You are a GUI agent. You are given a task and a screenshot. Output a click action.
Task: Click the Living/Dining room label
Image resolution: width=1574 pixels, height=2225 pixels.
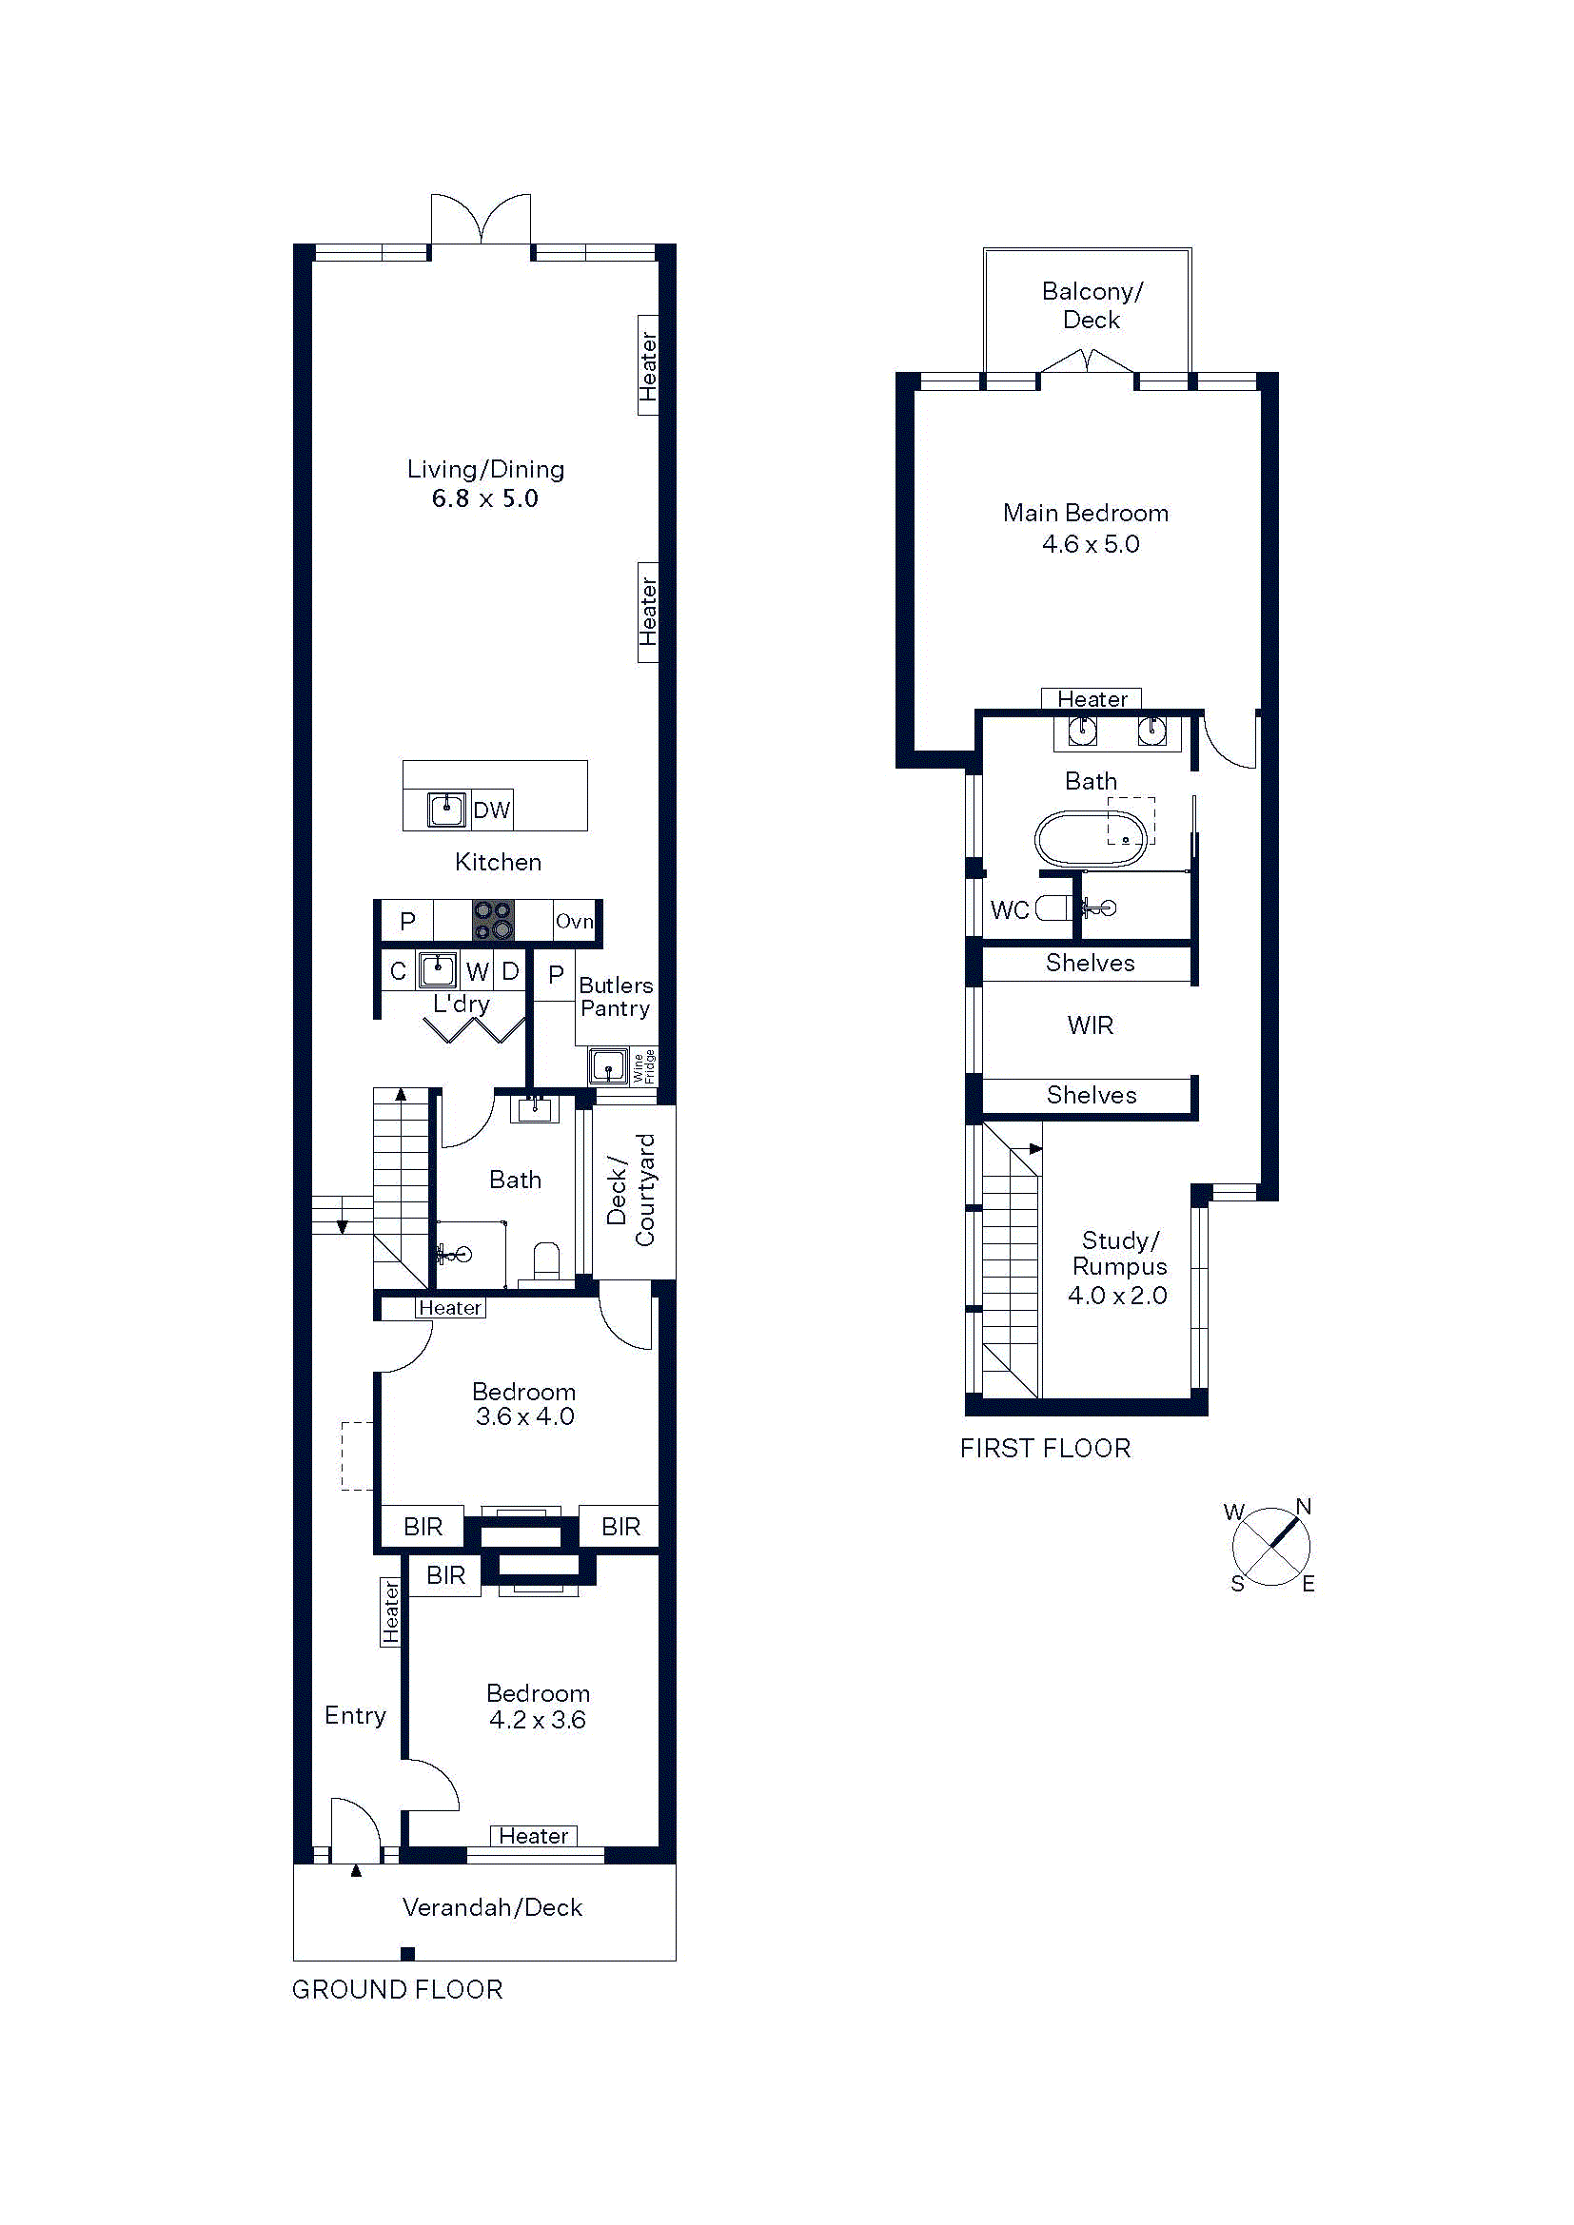tap(485, 470)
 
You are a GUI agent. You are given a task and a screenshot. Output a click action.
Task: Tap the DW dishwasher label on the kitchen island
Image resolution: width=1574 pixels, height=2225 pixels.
tap(491, 810)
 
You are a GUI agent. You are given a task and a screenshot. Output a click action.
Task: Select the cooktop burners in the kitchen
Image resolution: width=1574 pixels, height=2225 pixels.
tap(492, 920)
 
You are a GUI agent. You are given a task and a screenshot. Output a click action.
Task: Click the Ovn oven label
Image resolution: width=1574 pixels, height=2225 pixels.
tap(574, 921)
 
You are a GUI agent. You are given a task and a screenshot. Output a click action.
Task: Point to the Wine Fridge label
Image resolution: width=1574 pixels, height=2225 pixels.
tap(643, 1066)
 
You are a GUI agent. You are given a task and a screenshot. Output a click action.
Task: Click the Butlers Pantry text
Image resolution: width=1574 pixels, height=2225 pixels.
tap(616, 997)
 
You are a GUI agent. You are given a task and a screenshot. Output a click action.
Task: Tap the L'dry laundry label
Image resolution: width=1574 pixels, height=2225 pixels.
tap(462, 1004)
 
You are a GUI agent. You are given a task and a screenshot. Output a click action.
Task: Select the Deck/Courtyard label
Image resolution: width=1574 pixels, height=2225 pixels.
tap(631, 1190)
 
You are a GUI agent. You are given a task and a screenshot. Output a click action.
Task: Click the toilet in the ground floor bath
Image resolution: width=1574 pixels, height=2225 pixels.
tap(546, 1260)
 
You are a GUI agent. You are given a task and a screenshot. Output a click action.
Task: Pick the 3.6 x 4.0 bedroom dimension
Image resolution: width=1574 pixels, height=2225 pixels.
tap(525, 1416)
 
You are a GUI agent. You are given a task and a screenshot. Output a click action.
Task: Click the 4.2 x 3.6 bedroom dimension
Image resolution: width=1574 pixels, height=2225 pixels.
tap(538, 1720)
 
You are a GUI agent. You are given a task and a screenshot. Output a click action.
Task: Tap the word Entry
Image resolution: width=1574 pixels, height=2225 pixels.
tap(356, 1716)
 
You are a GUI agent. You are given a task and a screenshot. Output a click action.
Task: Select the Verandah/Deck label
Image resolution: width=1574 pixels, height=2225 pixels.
tap(492, 1908)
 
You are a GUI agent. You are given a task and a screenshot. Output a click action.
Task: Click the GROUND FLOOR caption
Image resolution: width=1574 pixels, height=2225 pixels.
tap(398, 1990)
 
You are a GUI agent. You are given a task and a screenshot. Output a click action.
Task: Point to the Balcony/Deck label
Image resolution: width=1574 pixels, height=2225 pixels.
tap(1092, 305)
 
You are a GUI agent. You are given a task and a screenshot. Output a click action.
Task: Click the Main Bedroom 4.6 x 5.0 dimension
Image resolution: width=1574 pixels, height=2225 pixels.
tap(1091, 545)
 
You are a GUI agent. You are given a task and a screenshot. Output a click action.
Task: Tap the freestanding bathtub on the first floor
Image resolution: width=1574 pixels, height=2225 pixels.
tap(1092, 838)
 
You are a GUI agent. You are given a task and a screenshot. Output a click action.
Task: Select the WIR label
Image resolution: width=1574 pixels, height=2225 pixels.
tap(1091, 1025)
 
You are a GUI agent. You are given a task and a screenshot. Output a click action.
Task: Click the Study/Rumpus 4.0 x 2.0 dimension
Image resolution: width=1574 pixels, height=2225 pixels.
tap(1117, 1296)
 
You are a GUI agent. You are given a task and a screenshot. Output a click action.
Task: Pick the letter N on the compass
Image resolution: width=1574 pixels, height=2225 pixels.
tap(1304, 1507)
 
